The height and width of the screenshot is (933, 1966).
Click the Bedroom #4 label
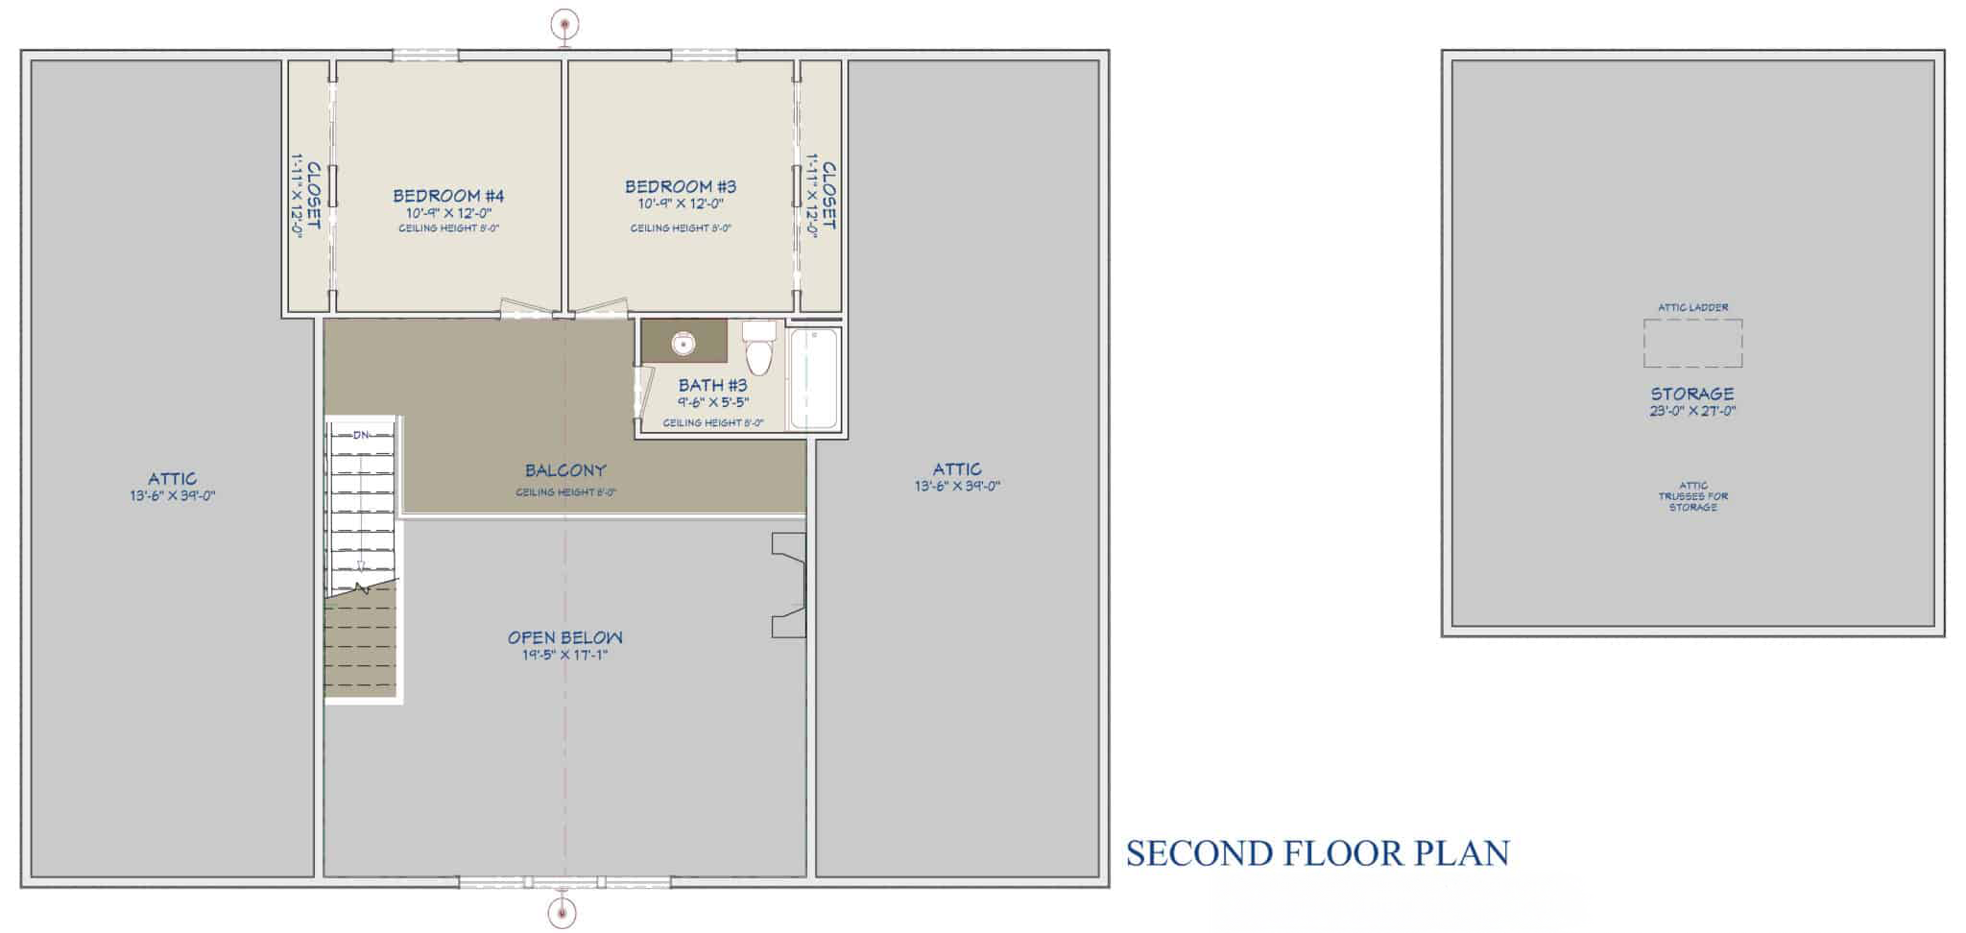tap(448, 196)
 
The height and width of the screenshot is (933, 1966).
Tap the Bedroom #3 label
tap(681, 186)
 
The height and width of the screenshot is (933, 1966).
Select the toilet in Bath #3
tap(758, 348)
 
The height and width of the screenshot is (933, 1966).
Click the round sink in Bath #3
tap(683, 343)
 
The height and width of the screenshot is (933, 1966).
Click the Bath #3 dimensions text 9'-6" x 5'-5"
tap(712, 403)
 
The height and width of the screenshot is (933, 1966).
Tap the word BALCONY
tap(565, 470)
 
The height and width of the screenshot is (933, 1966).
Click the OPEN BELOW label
tap(565, 637)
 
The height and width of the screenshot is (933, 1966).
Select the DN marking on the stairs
tap(361, 435)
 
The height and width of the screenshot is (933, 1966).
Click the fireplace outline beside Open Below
tap(789, 586)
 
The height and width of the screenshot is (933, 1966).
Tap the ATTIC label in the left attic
tap(173, 478)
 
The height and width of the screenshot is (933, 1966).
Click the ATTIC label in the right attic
tap(957, 468)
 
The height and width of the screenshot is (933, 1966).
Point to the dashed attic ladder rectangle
tap(1692, 343)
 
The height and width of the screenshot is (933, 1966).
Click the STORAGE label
tap(1692, 394)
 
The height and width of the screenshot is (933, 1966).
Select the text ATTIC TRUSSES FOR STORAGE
tap(1692, 496)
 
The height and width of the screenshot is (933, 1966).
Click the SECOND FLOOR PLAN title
tap(1317, 852)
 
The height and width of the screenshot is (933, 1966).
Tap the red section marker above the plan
tap(565, 22)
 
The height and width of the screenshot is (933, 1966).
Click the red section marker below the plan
tap(563, 912)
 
